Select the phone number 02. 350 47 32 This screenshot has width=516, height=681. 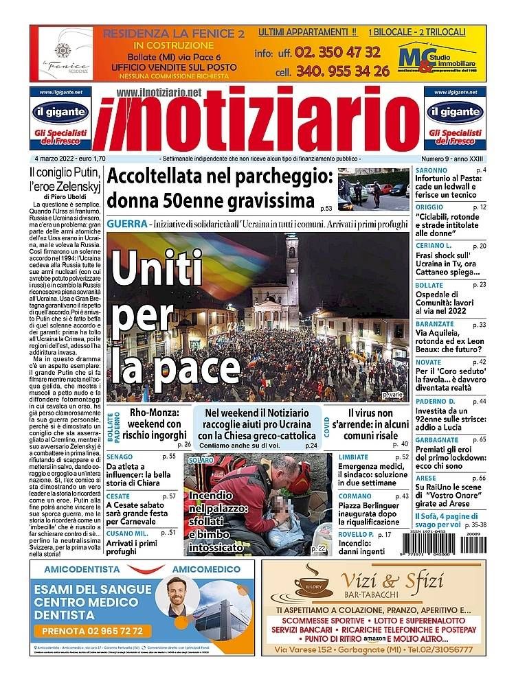[x=336, y=52]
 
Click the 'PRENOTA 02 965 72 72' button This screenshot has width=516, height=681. [x=93, y=630]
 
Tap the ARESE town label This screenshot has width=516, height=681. [x=426, y=478]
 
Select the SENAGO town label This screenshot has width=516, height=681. [x=120, y=456]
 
